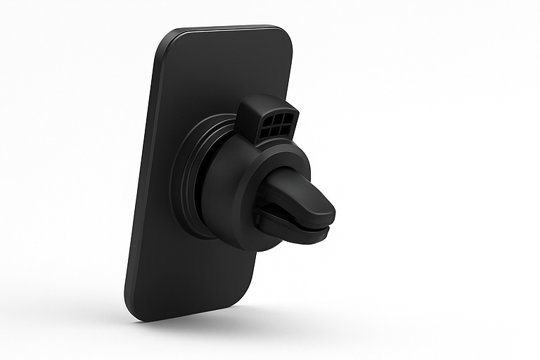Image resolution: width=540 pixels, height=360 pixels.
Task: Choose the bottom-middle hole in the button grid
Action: (x=274, y=131)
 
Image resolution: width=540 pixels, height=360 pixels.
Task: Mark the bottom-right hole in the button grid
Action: (x=283, y=130)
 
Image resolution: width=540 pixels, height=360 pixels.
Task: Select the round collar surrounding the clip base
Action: (x=246, y=204)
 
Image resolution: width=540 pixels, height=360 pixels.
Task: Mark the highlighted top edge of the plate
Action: (x=225, y=28)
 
